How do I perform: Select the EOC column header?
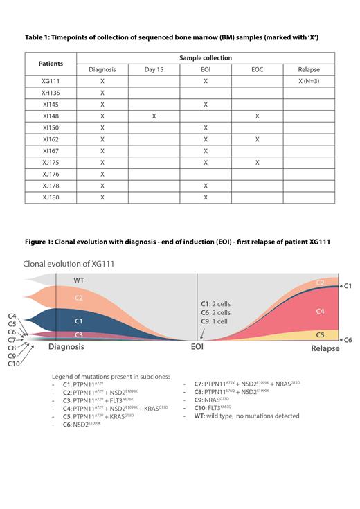(257, 69)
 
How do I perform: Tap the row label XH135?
(52, 92)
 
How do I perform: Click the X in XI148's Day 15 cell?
(154, 116)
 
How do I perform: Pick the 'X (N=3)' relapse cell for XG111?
(309, 81)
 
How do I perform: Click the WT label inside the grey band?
(78, 280)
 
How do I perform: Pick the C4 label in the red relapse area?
(319, 311)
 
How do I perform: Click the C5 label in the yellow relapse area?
(319, 335)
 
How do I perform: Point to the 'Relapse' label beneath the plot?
(325, 348)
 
